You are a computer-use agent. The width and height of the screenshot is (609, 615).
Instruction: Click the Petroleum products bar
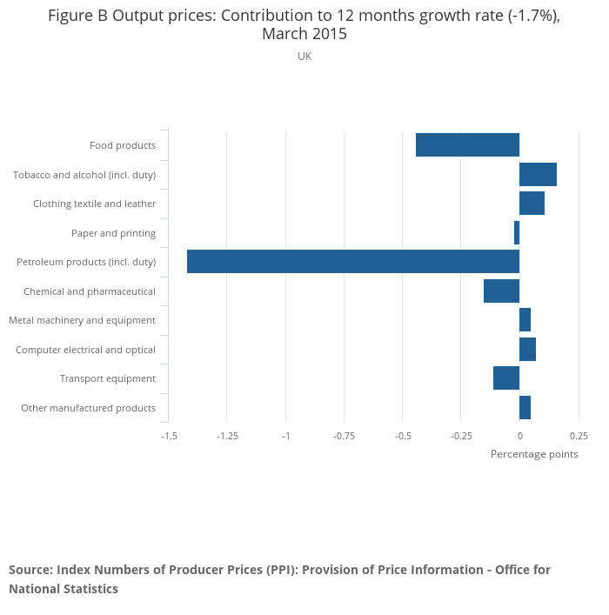[352, 262]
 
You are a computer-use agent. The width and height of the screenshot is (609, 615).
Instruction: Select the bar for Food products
[467, 145]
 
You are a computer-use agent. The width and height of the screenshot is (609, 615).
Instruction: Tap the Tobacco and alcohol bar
[538, 175]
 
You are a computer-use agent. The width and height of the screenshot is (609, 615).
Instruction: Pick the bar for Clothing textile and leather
[532, 204]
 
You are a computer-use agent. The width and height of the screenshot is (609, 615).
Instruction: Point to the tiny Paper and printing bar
[517, 233]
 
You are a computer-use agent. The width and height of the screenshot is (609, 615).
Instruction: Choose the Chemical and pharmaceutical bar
[501, 291]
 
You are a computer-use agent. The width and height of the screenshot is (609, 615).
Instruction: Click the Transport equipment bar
[506, 378]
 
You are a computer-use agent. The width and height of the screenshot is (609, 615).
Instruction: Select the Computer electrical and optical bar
[527, 350]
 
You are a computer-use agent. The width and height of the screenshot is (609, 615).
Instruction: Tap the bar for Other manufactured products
[525, 407]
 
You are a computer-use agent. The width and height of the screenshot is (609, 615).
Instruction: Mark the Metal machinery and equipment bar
[525, 320]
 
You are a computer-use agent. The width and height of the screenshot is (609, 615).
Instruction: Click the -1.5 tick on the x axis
[169, 436]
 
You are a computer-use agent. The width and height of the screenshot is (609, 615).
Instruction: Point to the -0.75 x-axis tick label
[344, 436]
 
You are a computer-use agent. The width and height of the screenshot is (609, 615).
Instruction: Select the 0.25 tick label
[579, 436]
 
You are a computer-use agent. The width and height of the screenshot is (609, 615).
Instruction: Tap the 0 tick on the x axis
[519, 436]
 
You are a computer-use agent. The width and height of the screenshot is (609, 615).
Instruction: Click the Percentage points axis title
[534, 454]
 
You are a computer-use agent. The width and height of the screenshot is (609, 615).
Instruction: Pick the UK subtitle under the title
[304, 57]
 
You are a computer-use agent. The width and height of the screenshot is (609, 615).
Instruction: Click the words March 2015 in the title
[304, 35]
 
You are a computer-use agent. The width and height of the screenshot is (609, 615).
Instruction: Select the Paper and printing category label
[113, 233]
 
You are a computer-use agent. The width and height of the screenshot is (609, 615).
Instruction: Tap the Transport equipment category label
[108, 378]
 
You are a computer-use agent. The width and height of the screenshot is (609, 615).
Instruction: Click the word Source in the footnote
[30, 570]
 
